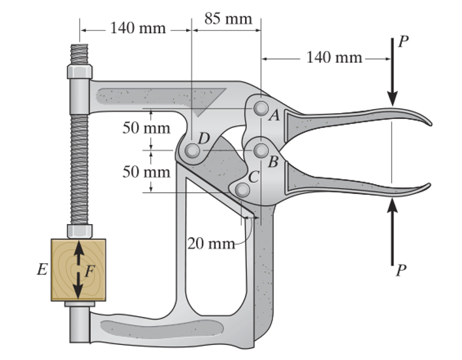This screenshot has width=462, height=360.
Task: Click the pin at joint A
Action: click(x=261, y=107)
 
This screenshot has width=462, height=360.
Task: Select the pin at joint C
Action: click(x=242, y=189)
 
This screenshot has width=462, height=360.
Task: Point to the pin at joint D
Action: click(x=191, y=151)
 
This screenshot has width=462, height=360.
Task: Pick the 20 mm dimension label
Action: click(x=210, y=244)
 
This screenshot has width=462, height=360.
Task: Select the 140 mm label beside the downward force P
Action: click(x=334, y=57)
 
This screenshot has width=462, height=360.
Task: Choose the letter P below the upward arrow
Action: click(x=401, y=270)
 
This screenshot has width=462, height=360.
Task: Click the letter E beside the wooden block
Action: click(x=42, y=270)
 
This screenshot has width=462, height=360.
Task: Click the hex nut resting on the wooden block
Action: click(x=79, y=231)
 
